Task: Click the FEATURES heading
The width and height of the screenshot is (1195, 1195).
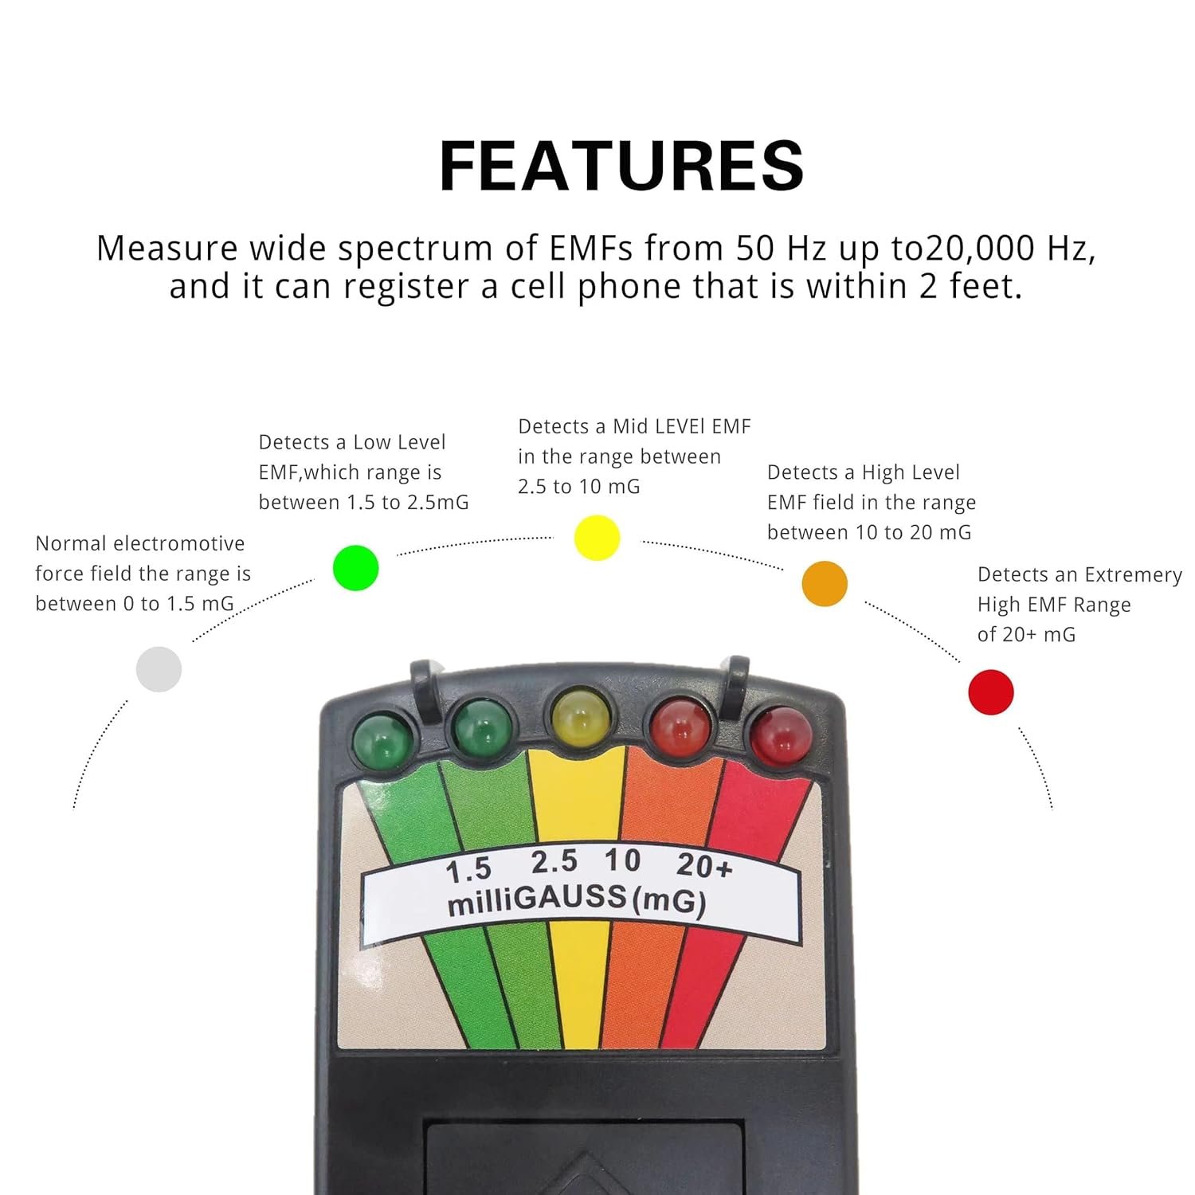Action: click(x=621, y=166)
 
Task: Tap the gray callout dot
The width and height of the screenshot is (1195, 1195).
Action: click(x=159, y=669)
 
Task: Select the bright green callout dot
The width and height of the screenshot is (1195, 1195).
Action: click(x=355, y=568)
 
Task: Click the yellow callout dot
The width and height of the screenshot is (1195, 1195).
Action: click(x=597, y=538)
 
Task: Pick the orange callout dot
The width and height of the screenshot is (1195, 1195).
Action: click(x=825, y=584)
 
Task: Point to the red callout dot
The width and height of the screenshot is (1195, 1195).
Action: click(x=990, y=692)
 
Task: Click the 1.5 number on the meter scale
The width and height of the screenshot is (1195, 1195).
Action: click(x=468, y=871)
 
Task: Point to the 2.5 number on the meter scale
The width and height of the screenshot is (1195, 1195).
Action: click(x=554, y=862)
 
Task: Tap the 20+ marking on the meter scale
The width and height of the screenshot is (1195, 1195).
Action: click(x=704, y=866)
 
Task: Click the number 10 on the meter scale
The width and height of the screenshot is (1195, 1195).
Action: click(x=622, y=860)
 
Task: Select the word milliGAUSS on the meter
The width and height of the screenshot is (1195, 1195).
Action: click(x=537, y=900)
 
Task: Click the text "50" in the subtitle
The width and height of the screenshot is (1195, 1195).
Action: click(x=755, y=249)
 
